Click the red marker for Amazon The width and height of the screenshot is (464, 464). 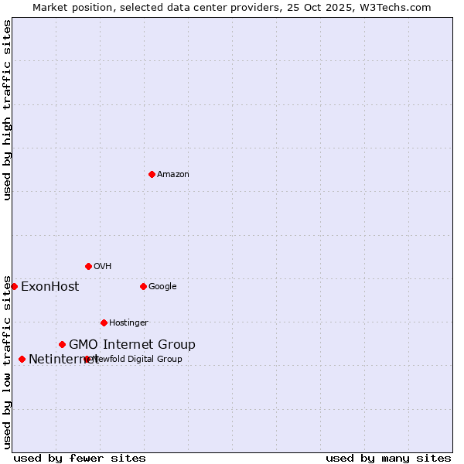pos(152,174)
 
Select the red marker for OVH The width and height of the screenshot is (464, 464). pos(88,266)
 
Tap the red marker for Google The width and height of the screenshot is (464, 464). pos(143,286)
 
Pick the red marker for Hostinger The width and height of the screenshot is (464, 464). pos(104,322)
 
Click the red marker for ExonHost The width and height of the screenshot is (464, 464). pos(14,286)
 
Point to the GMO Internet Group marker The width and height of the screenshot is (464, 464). pos(62,344)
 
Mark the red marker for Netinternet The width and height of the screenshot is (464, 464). pos(22,359)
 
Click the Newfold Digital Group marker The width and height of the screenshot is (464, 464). pos(87,359)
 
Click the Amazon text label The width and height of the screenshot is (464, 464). pos(173,175)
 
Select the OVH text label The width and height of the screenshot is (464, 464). pos(103,267)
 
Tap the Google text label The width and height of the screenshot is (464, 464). pos(162,287)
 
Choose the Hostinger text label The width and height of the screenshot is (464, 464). pos(128,323)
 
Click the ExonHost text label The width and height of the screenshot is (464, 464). pos(49,287)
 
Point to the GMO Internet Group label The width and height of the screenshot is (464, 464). pos(132,345)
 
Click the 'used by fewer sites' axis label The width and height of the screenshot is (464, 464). pos(80,458)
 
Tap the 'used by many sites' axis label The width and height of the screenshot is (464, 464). pos(388,458)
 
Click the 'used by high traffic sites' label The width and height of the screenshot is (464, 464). pos(7,110)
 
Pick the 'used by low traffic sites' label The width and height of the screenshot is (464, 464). pos(7,362)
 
